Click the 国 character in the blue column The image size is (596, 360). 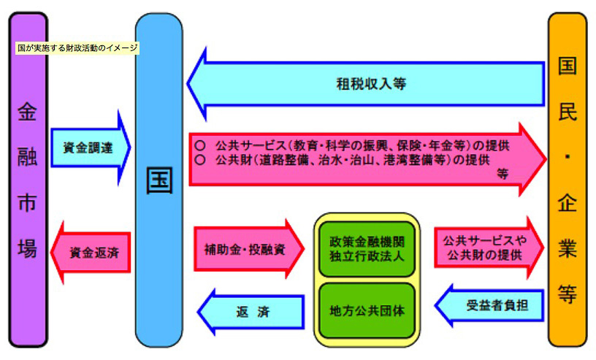click(158, 181)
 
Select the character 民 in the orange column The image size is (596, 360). click(568, 110)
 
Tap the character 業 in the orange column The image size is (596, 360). click(568, 247)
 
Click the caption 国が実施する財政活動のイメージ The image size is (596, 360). click(77, 48)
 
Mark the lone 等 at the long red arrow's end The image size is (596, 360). click(503, 175)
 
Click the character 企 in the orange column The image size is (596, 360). click(568, 203)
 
